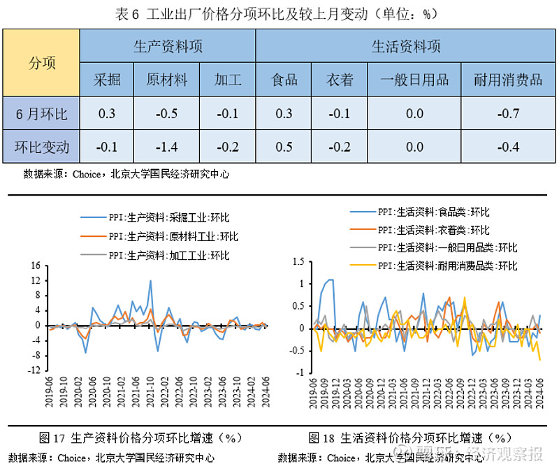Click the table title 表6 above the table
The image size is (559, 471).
[279, 13]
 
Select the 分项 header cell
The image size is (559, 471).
[41, 63]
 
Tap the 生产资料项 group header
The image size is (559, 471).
[168, 47]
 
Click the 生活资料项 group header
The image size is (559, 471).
[406, 47]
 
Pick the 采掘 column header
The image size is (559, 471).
[107, 79]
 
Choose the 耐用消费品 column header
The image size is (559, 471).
[507, 79]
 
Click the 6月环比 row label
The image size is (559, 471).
[41, 113]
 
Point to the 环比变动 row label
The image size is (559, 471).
[41, 147]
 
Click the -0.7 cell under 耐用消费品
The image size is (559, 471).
[507, 113]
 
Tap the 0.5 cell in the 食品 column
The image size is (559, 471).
[284, 147]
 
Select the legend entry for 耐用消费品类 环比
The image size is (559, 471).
[447, 266]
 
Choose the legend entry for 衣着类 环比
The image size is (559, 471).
[433, 229]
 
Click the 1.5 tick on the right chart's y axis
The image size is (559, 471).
[299, 261]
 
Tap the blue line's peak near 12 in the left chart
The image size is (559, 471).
[150, 280]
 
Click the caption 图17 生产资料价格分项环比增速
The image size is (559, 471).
[140, 438]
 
